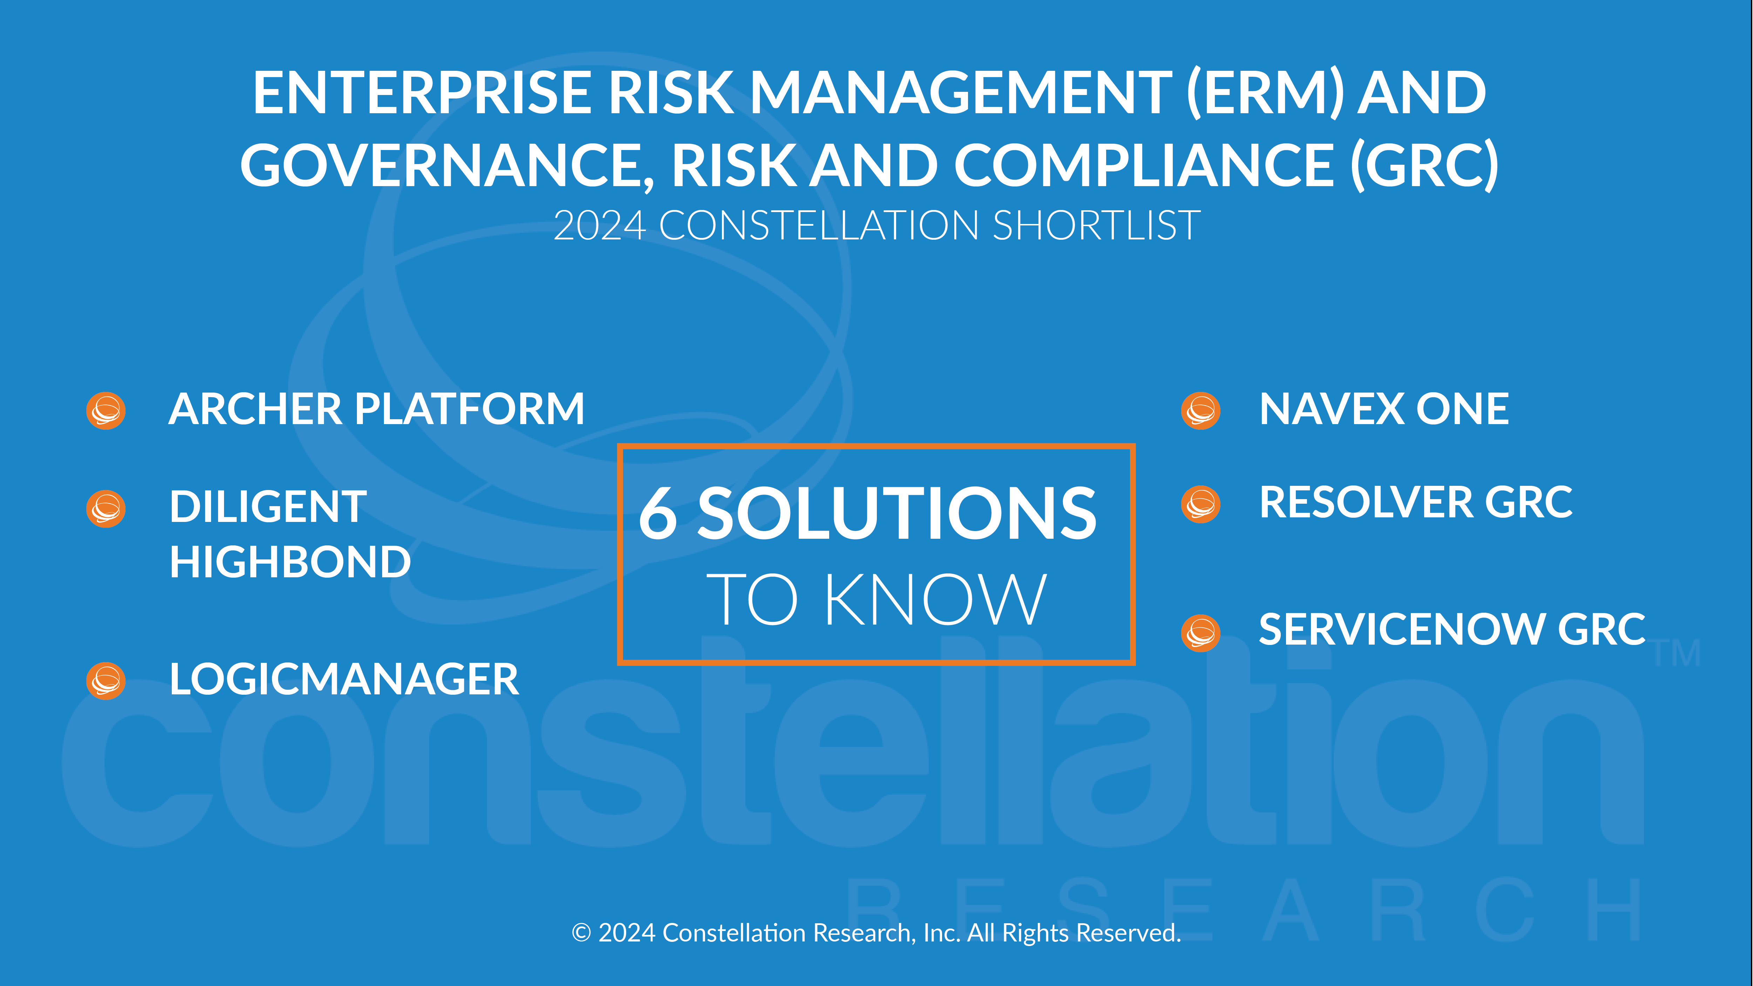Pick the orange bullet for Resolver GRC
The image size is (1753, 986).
tap(1201, 504)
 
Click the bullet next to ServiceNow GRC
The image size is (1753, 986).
tap(1201, 633)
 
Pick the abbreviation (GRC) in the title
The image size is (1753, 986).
tap(1424, 165)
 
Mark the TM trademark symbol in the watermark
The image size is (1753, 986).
tap(1678, 653)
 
